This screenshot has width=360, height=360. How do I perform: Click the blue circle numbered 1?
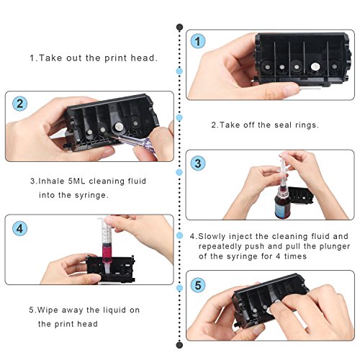198,41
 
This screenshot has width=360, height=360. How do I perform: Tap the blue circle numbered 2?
19,104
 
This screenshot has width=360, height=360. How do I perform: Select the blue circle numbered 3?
198,163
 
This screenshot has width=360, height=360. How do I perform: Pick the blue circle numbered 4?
19,228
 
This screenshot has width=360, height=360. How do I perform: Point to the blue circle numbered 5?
198,285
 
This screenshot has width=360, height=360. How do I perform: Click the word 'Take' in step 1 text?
50,58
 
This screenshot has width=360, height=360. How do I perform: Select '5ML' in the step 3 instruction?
76,181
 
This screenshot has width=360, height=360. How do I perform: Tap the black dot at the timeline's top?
179,27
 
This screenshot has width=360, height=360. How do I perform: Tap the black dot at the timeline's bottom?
179,345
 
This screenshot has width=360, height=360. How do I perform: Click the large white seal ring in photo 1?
315,66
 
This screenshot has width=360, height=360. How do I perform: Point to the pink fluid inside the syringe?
107,253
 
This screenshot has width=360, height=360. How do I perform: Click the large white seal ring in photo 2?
119,127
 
